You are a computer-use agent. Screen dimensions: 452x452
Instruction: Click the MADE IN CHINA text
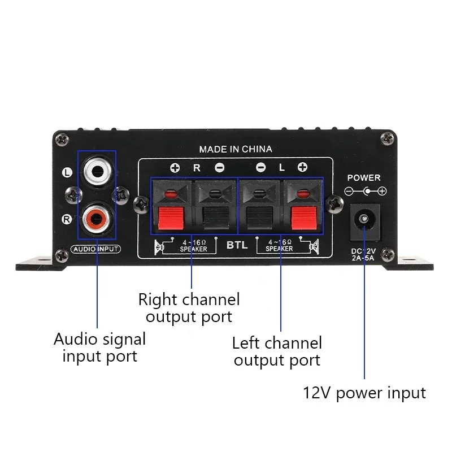coord(236,149)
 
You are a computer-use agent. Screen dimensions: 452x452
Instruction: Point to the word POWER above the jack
coord(364,177)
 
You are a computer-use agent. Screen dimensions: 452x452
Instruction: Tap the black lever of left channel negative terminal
coord(259,218)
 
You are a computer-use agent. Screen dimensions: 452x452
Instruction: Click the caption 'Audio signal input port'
coord(99,347)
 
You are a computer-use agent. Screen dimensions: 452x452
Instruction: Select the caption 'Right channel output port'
coord(189,307)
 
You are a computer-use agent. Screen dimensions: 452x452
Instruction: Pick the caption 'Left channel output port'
coord(277,351)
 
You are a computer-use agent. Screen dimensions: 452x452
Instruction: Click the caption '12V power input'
coord(364,393)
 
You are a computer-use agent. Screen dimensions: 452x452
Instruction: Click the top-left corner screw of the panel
coord(64,137)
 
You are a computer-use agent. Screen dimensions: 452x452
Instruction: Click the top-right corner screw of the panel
coord(388,137)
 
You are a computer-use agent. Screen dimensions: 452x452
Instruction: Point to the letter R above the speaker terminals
coord(197,167)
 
